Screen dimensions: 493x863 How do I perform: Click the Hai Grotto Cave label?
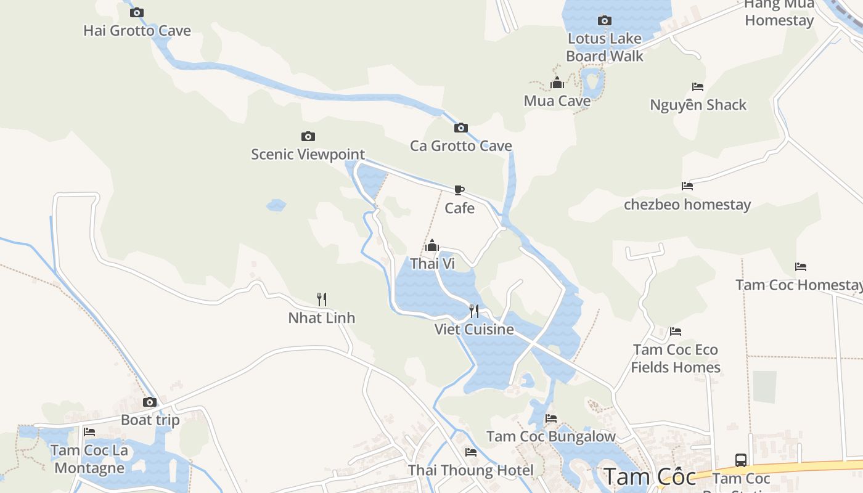coord(137,31)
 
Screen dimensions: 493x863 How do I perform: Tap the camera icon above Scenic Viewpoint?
coord(308,136)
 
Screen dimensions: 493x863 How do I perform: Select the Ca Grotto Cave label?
coord(461,146)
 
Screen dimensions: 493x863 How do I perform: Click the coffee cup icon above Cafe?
coord(459,190)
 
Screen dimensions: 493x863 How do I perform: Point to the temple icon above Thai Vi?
coord(432,245)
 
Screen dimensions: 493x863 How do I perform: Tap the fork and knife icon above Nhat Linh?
coord(321,299)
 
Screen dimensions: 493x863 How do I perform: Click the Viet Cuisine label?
coord(474,329)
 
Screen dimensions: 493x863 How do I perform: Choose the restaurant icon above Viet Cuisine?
coord(474,311)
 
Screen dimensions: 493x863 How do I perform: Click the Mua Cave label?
coord(557,101)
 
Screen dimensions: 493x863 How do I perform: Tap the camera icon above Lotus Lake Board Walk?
coord(605,20)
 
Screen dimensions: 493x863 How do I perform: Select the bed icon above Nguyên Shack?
coord(698,87)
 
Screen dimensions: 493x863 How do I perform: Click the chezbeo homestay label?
coord(687,205)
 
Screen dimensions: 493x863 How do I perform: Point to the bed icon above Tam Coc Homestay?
coord(801,267)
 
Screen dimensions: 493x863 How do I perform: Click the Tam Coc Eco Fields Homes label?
coord(676,359)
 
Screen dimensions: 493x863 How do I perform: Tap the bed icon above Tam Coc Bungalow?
coord(551,418)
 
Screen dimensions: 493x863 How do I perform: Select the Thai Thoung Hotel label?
coord(471,471)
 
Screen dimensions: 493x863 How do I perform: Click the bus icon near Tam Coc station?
coord(741,460)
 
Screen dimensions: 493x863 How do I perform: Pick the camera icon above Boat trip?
coord(150,402)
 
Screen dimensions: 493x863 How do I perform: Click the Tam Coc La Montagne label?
coord(89,459)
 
